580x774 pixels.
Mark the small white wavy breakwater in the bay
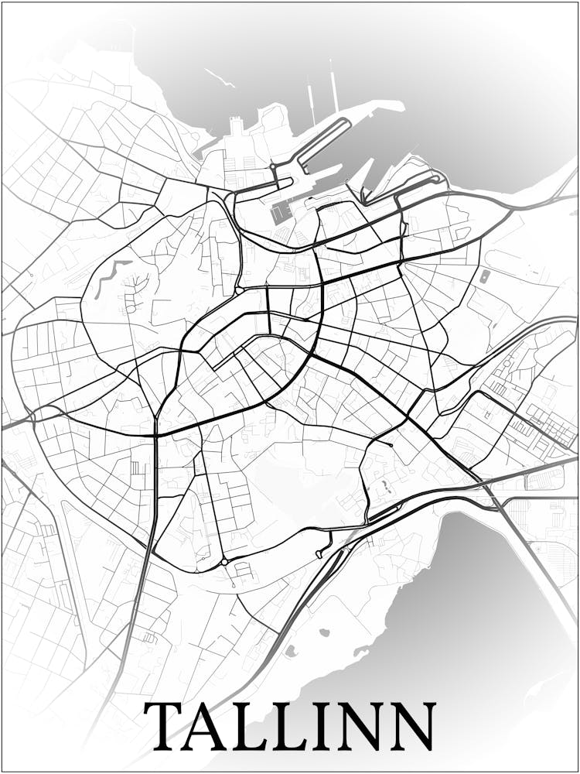click(x=220, y=77)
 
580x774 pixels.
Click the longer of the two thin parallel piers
click(x=334, y=85)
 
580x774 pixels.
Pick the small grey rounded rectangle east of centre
click(x=484, y=276)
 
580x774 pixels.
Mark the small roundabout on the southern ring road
click(x=224, y=561)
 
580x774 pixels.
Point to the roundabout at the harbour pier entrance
click(x=274, y=167)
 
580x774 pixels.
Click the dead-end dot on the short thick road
click(x=392, y=445)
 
